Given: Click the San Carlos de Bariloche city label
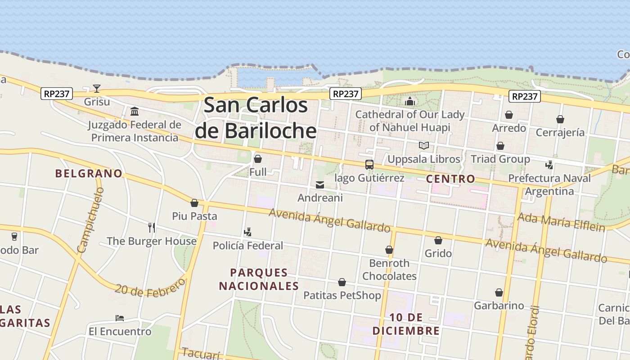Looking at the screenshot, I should pos(256,118).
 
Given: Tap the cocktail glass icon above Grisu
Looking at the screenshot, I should pos(97,88).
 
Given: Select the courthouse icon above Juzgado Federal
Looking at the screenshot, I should pos(134,111).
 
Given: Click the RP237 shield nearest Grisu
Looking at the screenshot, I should pos(57,94).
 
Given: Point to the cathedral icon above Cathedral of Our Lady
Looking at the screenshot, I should pos(409,101).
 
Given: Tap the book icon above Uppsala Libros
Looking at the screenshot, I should pos(423,145).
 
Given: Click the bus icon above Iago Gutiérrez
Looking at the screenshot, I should pos(369,165).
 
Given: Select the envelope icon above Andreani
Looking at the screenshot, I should pos(320,184).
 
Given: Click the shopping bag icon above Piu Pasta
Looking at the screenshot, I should pos(194,203).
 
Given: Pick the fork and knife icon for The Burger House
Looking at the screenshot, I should pos(152,228).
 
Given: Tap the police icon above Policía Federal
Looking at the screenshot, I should pos(247,232).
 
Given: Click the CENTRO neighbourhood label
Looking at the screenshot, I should pos(450,179).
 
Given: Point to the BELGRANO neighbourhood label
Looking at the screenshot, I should pos(89,173).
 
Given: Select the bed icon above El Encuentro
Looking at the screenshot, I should pos(120,318).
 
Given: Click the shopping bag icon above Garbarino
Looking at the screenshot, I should pos(499,292).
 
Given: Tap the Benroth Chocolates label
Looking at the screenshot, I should pos(389,269).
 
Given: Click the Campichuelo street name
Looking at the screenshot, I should pos(90,220).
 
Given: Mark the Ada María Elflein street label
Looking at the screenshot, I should pos(561,222).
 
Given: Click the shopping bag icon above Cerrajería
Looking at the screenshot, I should pos(560,119).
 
